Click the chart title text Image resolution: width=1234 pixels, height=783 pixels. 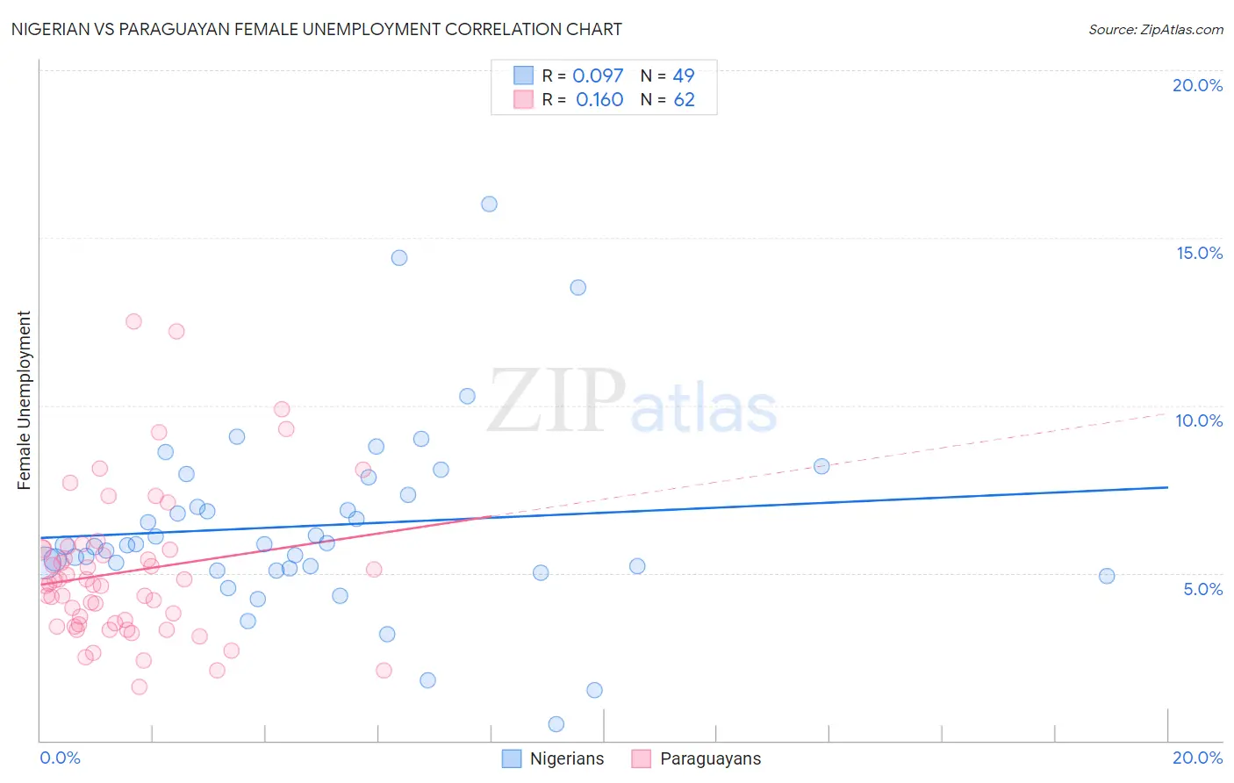[316, 29]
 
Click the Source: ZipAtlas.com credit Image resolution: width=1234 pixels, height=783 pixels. [1155, 30]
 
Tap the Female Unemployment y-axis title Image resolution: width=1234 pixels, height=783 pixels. [24, 399]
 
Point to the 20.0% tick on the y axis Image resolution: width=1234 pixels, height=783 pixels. [1197, 85]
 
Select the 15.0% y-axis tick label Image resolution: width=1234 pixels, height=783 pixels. [1199, 253]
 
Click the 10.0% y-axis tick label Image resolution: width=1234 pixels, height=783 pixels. [1199, 420]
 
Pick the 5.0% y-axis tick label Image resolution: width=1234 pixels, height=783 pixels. [1202, 589]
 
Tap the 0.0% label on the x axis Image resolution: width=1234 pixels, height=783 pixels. [60, 758]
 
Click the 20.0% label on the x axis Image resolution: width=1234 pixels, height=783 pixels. [1197, 758]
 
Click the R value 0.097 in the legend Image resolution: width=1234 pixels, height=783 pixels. [598, 76]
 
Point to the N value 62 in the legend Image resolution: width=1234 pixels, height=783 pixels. [684, 100]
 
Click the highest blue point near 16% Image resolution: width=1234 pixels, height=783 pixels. [489, 204]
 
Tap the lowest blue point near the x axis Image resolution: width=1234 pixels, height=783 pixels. [556, 724]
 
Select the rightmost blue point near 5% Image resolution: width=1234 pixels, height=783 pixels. [1107, 576]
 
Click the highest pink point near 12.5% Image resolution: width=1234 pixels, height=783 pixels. [133, 321]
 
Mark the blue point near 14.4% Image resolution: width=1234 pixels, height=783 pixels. [399, 258]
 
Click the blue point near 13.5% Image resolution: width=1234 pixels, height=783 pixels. [578, 287]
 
